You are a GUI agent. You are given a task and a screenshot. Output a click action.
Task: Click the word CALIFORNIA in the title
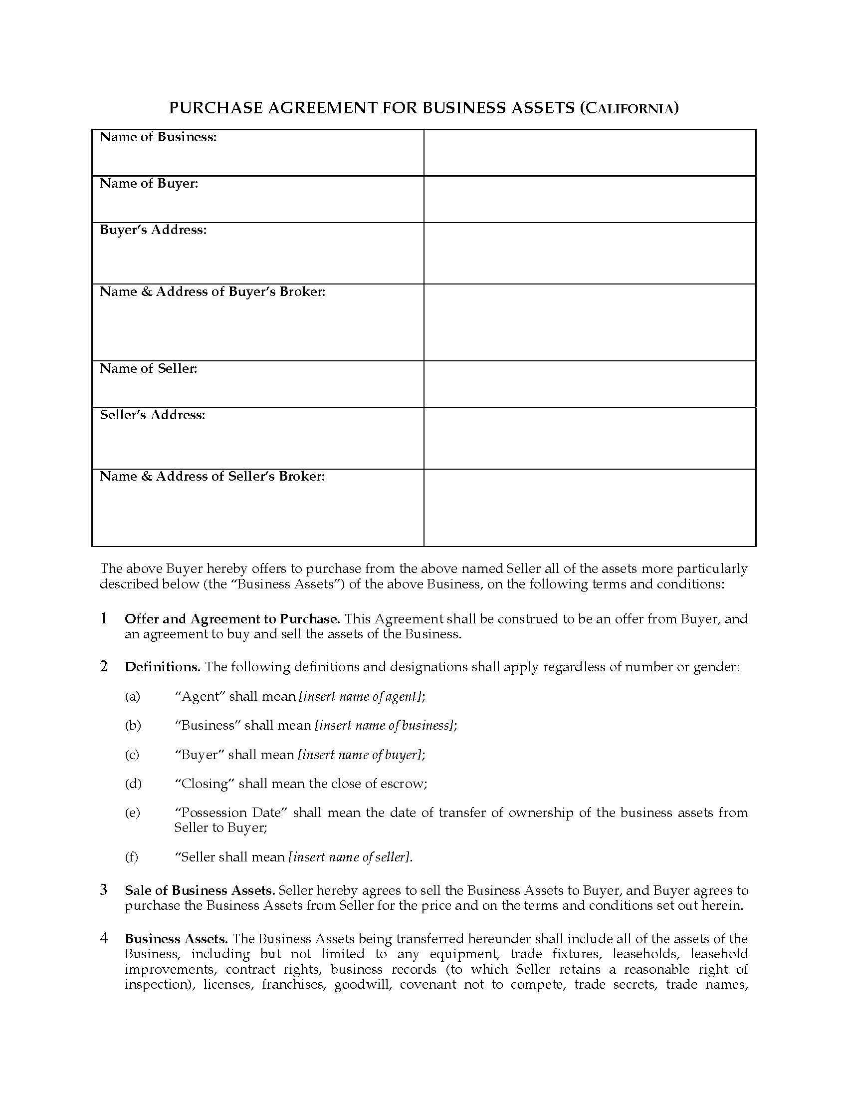click(630, 109)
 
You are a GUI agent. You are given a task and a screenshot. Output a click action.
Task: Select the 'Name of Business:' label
click(158, 137)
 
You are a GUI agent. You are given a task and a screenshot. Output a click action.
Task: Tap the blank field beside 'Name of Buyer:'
click(589, 199)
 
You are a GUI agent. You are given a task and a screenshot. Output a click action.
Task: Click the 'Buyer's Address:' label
click(153, 230)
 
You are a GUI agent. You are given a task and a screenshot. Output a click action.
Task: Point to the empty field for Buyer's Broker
click(589, 322)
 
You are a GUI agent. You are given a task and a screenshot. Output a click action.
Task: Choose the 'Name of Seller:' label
click(148, 368)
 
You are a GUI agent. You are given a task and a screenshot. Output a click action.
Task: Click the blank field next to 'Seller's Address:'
click(589, 438)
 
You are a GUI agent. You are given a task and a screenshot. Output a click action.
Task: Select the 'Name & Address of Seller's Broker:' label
click(212, 476)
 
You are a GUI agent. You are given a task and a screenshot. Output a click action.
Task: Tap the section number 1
click(104, 618)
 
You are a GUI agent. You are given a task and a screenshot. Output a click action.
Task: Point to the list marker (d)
click(133, 784)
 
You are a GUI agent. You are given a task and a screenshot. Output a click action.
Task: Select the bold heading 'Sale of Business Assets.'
click(200, 891)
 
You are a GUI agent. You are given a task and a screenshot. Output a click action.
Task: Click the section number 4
click(104, 938)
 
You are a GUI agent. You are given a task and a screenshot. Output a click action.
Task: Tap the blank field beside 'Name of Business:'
click(589, 153)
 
